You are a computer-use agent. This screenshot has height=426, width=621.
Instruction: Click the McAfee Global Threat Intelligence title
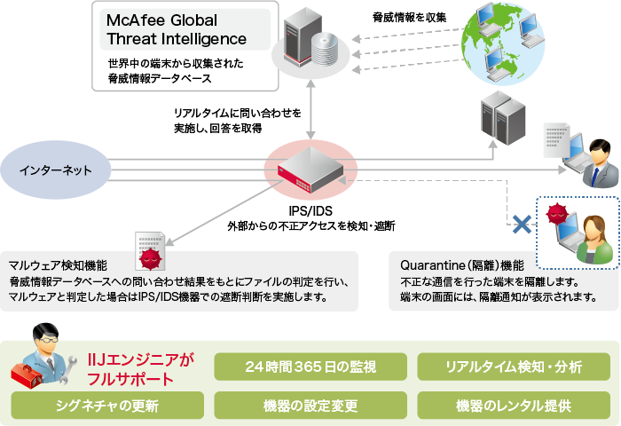[176, 29]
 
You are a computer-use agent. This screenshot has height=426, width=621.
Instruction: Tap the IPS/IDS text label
[310, 211]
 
